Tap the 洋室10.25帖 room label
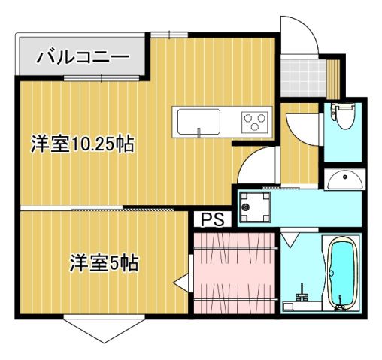pos(82,144)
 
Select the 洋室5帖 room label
pos(104,264)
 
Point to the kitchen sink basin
pos(197,120)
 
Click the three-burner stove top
pos(255,120)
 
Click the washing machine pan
pos(254,207)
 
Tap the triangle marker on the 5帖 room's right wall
pos(180,284)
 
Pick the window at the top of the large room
pos(169,33)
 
